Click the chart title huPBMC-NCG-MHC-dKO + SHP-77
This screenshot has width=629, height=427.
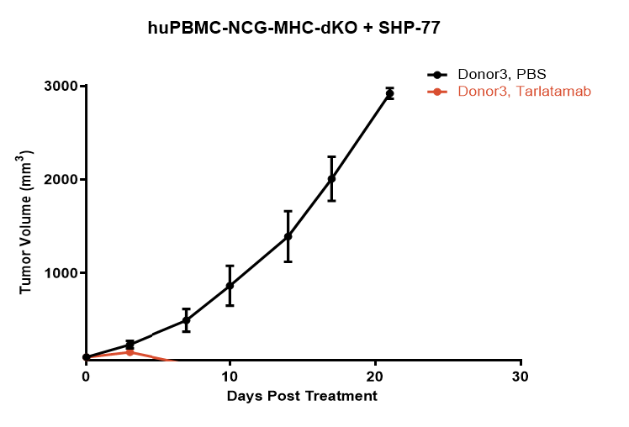(294, 28)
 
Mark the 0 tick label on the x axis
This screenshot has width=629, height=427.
(86, 377)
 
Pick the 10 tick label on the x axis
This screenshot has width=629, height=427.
(230, 377)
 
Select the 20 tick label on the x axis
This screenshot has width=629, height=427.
(375, 377)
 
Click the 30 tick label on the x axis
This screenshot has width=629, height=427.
(521, 377)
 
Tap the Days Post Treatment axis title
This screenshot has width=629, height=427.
(302, 395)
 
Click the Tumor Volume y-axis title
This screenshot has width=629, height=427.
(27, 222)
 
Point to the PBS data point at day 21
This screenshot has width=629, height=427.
(389, 93)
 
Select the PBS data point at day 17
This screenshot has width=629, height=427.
(331, 178)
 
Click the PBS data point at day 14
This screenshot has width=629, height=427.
(288, 236)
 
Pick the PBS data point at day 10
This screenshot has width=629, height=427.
(230, 286)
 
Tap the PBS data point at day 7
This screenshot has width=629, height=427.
(187, 320)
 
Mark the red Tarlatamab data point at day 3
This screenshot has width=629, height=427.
(129, 352)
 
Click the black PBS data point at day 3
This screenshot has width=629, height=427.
(129, 345)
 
